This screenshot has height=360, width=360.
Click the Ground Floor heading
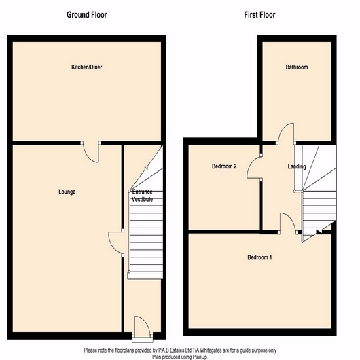click(87, 15)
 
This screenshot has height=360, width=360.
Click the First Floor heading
click(259, 15)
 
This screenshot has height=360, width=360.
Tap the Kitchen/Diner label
click(87, 67)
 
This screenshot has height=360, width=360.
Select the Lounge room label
click(67, 192)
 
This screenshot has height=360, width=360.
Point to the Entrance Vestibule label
click(143, 196)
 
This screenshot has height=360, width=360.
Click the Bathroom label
click(297, 67)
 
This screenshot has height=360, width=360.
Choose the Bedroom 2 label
click(224, 166)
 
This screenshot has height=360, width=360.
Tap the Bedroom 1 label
click(259, 257)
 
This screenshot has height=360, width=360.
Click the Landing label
click(297, 166)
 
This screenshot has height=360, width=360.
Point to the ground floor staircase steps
click(146, 231)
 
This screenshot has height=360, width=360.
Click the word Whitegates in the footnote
click(211, 350)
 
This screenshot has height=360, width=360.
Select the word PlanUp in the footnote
click(200, 357)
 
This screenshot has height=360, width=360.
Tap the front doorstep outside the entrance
click(143, 340)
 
